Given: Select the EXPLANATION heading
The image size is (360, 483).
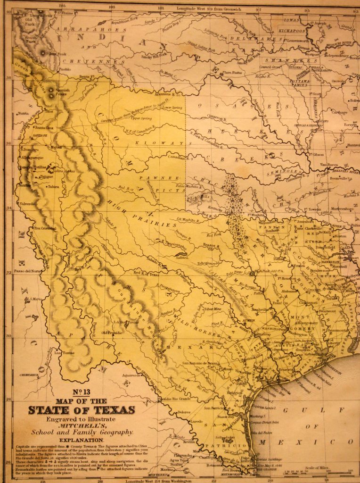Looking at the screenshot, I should click(81, 440).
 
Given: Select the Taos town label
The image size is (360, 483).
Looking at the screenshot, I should click(49, 111).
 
